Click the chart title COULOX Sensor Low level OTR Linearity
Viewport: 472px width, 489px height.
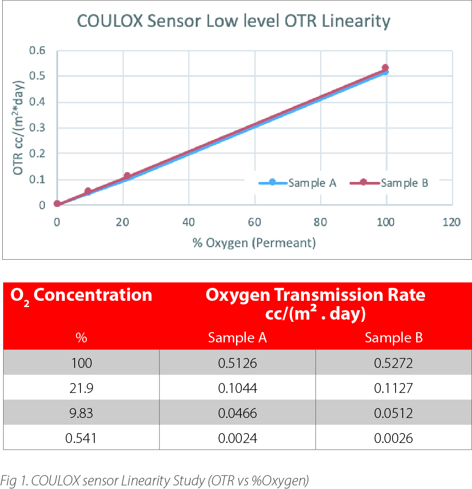(x=234, y=21)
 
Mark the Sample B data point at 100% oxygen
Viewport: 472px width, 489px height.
(x=385, y=68)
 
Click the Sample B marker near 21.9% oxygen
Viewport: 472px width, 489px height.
(x=127, y=176)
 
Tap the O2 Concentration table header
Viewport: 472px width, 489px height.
(x=81, y=295)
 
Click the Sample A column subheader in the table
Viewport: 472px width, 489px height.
(x=237, y=338)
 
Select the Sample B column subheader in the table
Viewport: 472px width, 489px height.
(x=393, y=338)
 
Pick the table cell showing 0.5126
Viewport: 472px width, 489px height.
(x=237, y=363)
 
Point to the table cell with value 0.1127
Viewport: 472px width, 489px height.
(x=393, y=388)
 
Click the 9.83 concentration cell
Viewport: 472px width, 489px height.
(x=81, y=413)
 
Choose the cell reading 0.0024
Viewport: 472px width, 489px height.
(x=237, y=438)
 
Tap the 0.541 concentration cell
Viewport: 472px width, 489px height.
(x=81, y=438)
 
